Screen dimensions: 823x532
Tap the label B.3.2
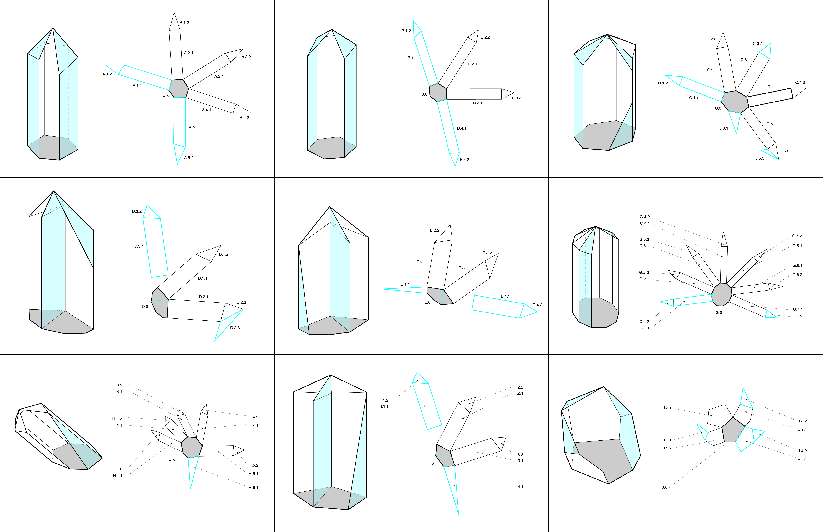tap(516, 98)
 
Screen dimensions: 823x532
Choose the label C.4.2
tap(800, 83)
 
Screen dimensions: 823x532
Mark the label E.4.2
tap(537, 305)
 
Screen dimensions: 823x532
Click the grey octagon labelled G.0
tap(722, 294)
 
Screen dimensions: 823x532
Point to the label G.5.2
tap(797, 236)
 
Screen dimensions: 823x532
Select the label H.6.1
tap(253, 488)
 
